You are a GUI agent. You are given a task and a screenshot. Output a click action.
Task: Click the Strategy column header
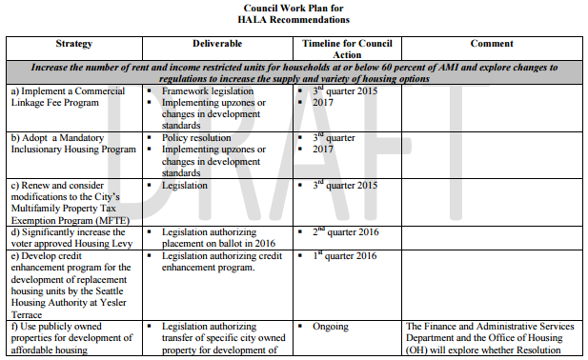tap(73, 44)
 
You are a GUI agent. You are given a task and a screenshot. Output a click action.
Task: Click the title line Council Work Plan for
tap(294, 8)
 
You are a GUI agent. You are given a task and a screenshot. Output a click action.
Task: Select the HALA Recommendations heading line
tap(294, 20)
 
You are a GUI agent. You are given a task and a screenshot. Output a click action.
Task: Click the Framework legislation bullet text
tap(209, 90)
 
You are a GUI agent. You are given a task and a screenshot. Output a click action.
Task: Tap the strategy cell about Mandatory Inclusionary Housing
tap(71, 143)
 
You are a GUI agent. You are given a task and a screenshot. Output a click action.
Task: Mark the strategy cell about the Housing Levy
tap(69, 238)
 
